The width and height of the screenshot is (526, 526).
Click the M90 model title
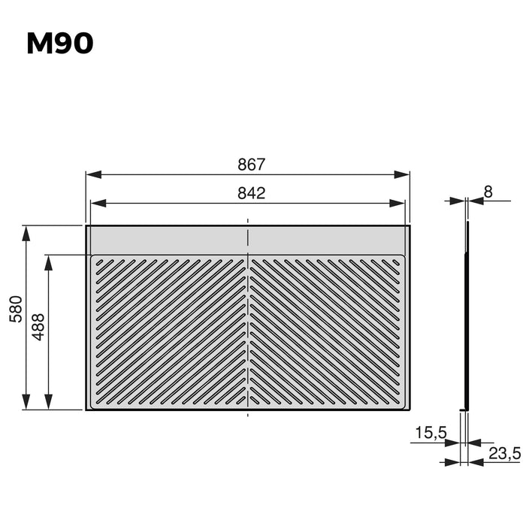click(60, 44)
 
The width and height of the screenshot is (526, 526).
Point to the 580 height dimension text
click(16, 309)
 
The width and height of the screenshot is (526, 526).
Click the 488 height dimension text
click(38, 328)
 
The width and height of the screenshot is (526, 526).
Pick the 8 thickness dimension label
click(488, 192)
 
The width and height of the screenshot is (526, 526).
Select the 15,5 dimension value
click(430, 433)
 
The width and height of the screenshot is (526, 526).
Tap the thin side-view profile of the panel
click(466, 316)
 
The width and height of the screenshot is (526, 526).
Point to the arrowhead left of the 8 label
click(458, 201)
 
